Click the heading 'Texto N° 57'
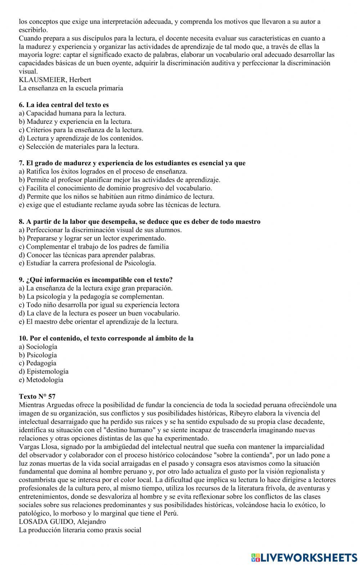37,397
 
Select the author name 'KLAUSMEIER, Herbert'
55,80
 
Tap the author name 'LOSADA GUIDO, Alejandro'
62,521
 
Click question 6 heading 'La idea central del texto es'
64,105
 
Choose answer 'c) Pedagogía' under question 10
37,363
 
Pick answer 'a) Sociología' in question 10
38,347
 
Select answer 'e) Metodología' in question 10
41,380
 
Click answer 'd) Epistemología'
44,371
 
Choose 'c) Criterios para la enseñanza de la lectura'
81,130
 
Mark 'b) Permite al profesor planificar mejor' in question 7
119,180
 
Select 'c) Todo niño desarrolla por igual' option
99,305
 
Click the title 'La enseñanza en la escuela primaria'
71,88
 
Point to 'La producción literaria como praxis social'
80,530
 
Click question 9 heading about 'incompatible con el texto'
96,280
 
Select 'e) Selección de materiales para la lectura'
79,146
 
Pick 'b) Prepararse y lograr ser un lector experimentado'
92,238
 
